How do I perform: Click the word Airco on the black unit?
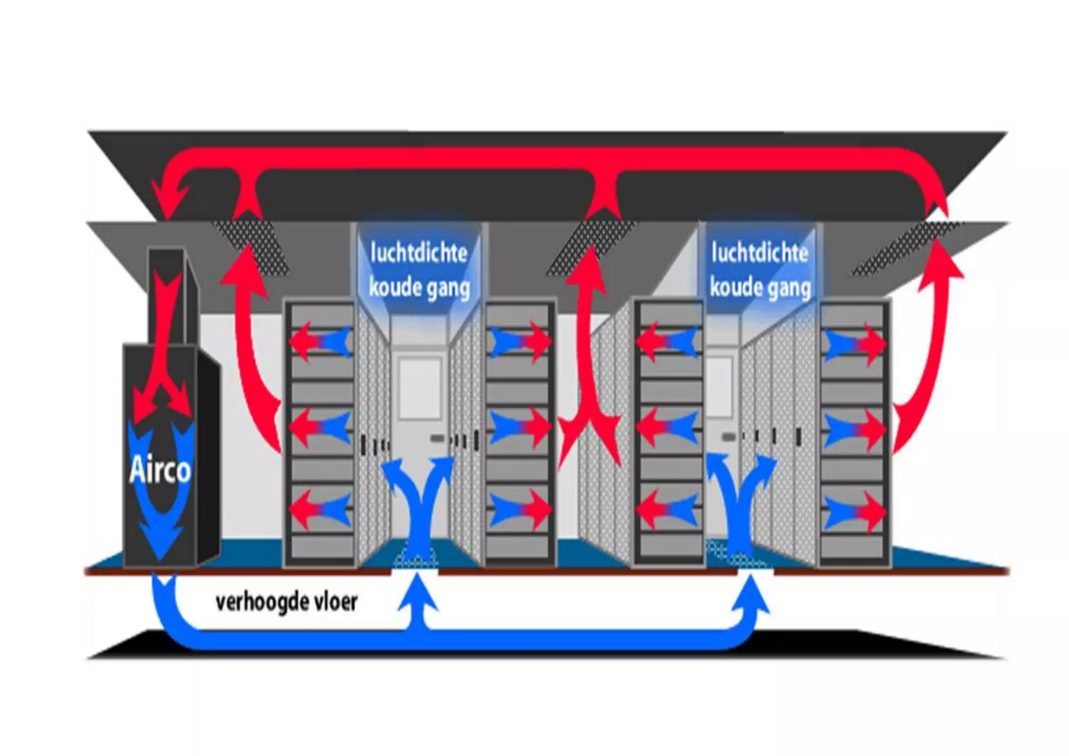click(159, 470)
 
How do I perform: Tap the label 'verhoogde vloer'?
click(286, 602)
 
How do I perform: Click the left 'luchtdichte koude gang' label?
click(419, 270)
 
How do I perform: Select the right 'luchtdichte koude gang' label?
click(760, 270)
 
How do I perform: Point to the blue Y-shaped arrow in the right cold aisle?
click(740, 501)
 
